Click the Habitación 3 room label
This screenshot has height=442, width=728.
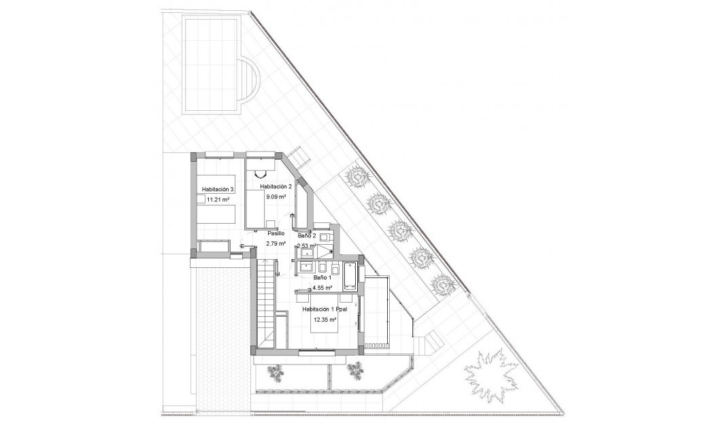pyautogui.click(x=218, y=189)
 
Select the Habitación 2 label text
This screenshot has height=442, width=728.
pyautogui.click(x=276, y=186)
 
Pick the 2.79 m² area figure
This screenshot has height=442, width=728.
pyautogui.click(x=275, y=243)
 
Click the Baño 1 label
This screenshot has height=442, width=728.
pyautogui.click(x=322, y=277)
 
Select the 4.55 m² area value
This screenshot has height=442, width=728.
pyautogui.click(x=322, y=288)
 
